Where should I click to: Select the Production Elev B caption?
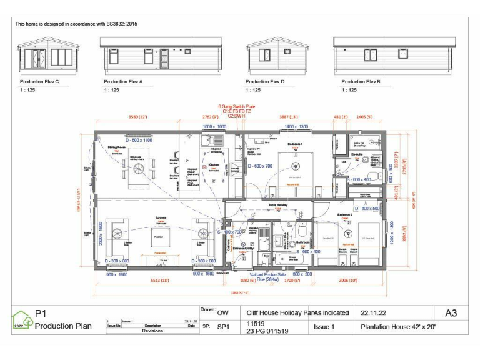(361, 82)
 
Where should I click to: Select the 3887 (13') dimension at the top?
(288, 116)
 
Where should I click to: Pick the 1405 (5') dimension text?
(364, 116)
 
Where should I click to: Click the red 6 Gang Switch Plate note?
(236, 106)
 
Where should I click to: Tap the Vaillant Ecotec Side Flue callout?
(267, 277)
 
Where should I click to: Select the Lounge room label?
(161, 217)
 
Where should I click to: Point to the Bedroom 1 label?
(295, 144)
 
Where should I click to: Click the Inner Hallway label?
(277, 205)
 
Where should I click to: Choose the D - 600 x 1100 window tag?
(138, 140)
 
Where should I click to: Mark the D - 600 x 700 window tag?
(261, 166)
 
